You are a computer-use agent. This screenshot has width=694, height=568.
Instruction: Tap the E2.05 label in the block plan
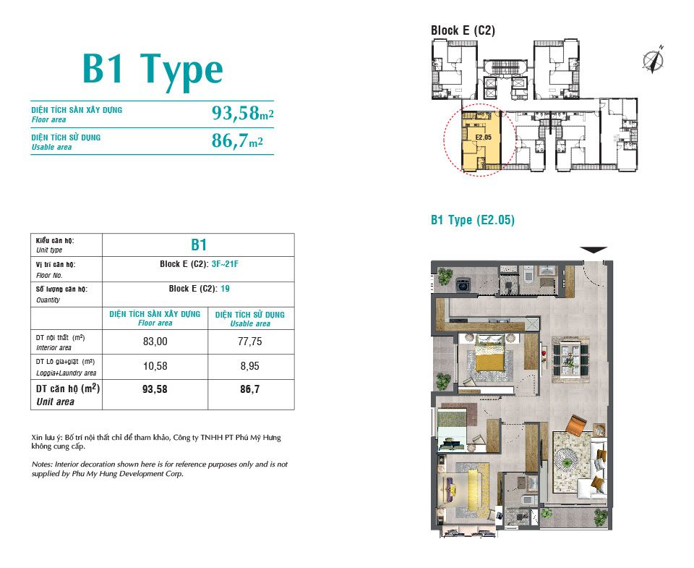(484, 137)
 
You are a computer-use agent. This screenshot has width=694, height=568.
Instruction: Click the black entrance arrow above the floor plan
(594, 250)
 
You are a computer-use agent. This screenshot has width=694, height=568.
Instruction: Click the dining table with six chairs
(570, 360)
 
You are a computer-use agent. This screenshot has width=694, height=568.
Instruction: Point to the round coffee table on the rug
(566, 463)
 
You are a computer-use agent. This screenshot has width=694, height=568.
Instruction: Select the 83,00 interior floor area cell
(155, 342)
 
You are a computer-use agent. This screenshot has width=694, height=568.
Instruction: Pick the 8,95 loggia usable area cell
(249, 366)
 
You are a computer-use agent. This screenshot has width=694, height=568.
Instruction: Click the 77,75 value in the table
(249, 342)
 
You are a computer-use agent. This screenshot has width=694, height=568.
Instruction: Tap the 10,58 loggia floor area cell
(155, 366)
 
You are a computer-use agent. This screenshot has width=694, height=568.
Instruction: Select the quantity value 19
(225, 289)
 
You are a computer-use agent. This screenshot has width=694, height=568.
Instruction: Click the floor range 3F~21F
(225, 264)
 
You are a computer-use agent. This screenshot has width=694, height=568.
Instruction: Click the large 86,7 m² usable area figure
(237, 140)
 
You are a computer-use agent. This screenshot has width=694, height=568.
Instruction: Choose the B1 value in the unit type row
(199, 245)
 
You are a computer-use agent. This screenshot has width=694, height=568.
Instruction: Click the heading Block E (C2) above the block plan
(463, 30)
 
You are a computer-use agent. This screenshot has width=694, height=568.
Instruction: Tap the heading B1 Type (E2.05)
(473, 220)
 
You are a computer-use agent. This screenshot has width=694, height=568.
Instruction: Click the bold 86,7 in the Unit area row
(249, 389)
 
